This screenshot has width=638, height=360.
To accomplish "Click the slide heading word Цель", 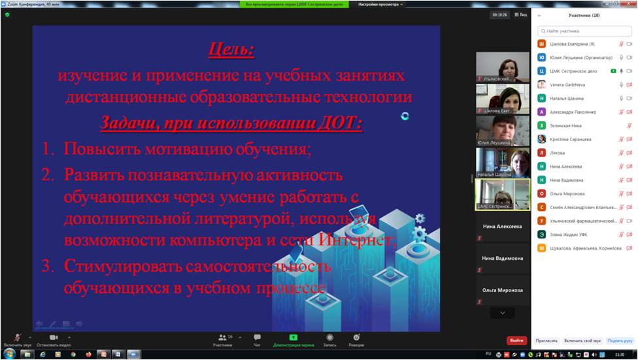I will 231,50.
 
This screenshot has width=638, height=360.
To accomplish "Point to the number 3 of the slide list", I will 46,266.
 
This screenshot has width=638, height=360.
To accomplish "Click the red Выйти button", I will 517,340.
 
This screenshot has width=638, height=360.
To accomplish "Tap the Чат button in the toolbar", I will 257,339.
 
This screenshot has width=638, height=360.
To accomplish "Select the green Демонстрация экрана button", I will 293,339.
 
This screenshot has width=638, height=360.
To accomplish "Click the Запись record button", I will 329,339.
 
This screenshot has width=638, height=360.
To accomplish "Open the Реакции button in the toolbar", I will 356,339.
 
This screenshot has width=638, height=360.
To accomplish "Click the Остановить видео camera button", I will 54,339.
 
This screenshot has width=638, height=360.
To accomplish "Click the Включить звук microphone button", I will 18,339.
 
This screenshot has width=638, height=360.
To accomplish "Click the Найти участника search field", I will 584,31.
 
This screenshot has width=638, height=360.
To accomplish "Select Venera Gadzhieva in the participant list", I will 567,84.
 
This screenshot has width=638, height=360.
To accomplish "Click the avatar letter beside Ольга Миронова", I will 541,193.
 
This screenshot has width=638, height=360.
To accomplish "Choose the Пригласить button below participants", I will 546,340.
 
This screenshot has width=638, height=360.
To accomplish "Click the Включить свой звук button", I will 582,340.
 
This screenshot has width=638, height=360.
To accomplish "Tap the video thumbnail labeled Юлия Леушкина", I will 502,130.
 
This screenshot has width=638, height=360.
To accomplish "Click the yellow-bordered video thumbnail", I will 502,194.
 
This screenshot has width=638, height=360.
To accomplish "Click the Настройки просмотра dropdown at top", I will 380,4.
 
